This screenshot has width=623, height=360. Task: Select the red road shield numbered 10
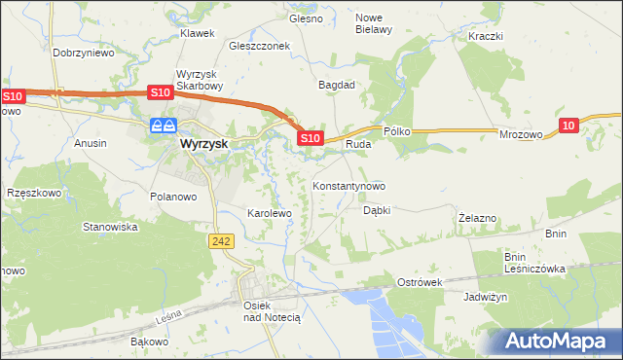(570, 125)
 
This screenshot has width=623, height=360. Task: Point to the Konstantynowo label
(348, 186)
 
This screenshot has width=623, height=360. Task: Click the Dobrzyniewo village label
(84, 54)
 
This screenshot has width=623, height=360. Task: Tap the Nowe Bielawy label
(373, 23)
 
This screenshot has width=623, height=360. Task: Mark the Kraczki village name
(485, 36)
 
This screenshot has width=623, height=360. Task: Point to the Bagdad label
(337, 85)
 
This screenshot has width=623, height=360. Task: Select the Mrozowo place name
(520, 137)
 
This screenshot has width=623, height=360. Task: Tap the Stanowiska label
(110, 227)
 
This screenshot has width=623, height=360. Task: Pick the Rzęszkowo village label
(33, 193)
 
